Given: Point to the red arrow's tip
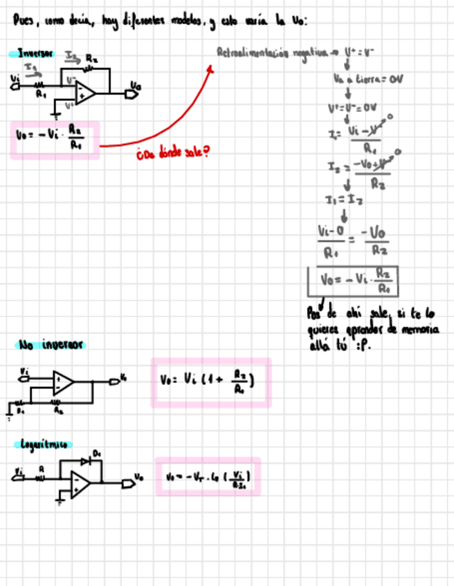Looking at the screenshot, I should pyautogui.click(x=211, y=66).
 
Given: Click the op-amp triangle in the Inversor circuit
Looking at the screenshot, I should pyautogui.click(x=85, y=91).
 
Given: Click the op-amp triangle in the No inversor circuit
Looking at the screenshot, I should pyautogui.click(x=64, y=380).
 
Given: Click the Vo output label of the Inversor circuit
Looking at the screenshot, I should pyautogui.click(x=136, y=86).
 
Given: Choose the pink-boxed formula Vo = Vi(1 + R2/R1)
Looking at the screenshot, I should pyautogui.click(x=210, y=381).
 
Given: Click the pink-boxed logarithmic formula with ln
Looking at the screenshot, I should pyautogui.click(x=208, y=476).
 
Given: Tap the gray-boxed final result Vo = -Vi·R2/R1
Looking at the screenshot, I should pyautogui.click(x=353, y=281).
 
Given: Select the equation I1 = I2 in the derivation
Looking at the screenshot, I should pyautogui.click(x=345, y=200).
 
